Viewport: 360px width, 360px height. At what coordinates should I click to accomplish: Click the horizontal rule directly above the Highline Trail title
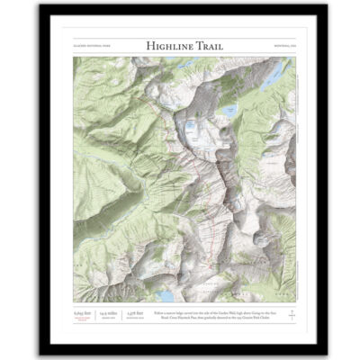pos(180,36)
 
